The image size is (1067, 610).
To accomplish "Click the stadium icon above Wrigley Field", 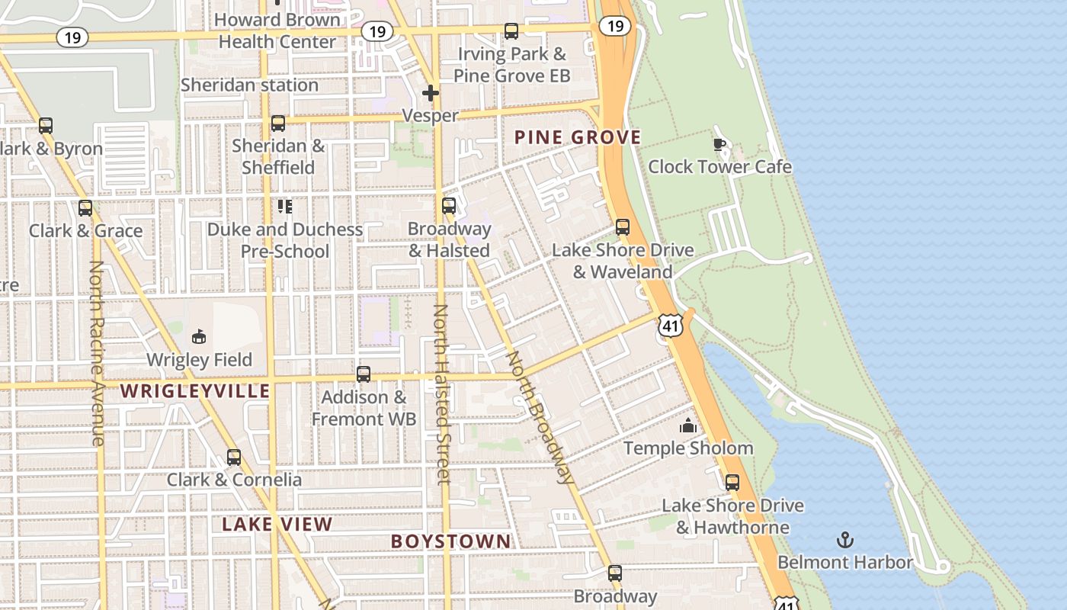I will click(199, 336).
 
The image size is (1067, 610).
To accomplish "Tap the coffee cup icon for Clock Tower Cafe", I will click(719, 144).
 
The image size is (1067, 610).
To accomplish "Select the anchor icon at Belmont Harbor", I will click(844, 541).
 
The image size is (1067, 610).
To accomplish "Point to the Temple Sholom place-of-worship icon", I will click(688, 425).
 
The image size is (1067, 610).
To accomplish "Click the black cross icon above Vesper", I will click(431, 93).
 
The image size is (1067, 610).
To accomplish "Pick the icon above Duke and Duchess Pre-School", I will click(285, 207).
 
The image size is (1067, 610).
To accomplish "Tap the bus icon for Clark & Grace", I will click(85, 208).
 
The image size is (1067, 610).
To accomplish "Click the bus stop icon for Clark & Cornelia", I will click(234, 457).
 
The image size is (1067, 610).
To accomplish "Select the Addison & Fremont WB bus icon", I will click(364, 374).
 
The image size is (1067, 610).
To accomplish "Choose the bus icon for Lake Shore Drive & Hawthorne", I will click(732, 483).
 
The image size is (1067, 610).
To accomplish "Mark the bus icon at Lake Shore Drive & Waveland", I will click(623, 227).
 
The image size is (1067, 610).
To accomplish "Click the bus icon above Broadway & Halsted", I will click(449, 206).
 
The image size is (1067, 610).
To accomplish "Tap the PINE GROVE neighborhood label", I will click(577, 138).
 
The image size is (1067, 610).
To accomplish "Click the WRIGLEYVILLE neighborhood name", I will click(195, 392).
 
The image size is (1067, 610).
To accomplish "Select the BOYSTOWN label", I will click(450, 541).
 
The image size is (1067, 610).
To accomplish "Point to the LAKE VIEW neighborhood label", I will click(277, 525).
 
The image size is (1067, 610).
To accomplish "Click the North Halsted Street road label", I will click(442, 393).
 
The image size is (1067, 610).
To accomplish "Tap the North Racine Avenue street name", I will click(97, 353).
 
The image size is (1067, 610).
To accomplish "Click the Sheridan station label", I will click(249, 85).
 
